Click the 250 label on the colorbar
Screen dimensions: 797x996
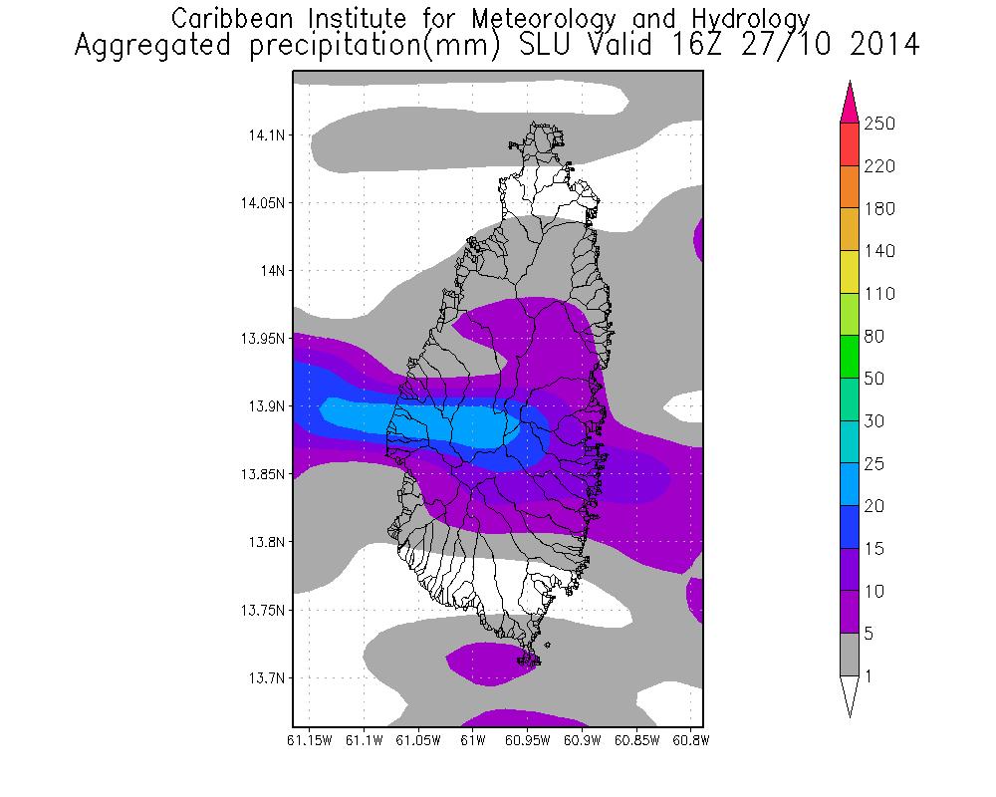click(879, 124)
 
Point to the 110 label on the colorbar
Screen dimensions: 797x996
click(879, 294)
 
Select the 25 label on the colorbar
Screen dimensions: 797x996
click(875, 464)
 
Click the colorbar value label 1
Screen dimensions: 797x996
click(871, 676)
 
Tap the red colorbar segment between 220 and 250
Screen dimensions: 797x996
click(850, 144)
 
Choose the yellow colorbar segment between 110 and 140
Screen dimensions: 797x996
click(850, 272)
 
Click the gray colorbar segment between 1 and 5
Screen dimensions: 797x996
click(850, 655)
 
